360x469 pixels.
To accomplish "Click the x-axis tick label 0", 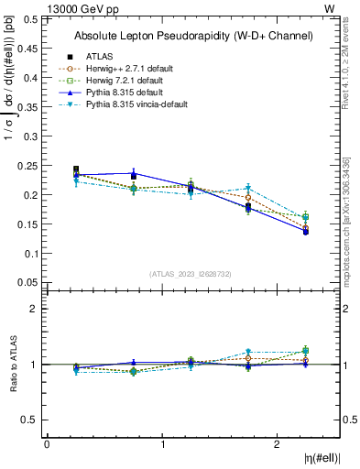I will tap(47, 444).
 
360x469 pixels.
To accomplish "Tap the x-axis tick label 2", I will tap(278, 444).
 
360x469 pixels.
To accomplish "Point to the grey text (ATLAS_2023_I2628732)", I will tap(191, 272).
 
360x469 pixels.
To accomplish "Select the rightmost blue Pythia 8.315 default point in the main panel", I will tap(305, 232).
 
